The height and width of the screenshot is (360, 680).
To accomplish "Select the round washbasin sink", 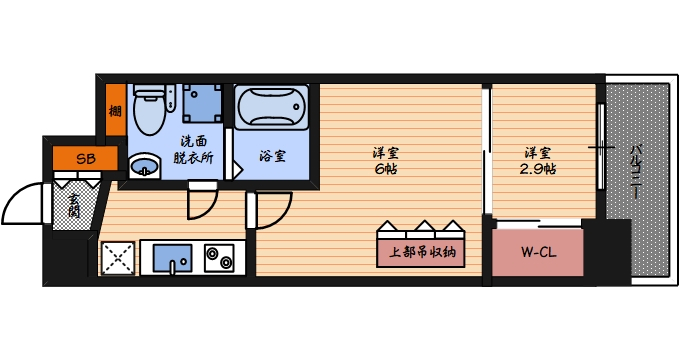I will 144,166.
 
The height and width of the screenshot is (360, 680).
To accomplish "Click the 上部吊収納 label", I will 421,252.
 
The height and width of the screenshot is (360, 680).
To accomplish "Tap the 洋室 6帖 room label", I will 385,161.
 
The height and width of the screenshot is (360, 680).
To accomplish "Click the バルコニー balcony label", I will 635,171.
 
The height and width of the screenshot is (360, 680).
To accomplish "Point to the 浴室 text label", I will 272,157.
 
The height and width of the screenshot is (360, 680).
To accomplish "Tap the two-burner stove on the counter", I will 219,258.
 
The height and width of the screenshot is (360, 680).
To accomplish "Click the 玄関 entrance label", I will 72,210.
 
